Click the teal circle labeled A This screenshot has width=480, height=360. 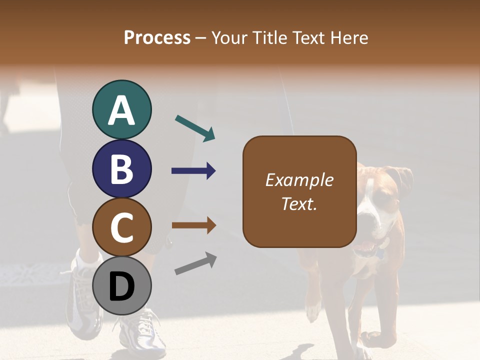121,110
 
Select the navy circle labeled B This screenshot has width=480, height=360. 121,168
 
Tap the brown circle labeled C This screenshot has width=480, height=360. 121,227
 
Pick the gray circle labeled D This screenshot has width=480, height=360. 121,285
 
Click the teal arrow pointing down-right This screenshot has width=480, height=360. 195,127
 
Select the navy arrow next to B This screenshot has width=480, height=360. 193,171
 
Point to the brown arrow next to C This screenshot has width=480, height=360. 193,225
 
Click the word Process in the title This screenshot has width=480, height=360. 157,38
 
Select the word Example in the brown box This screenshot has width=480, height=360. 299,180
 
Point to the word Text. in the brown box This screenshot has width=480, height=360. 299,203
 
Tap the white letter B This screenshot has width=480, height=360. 121,168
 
